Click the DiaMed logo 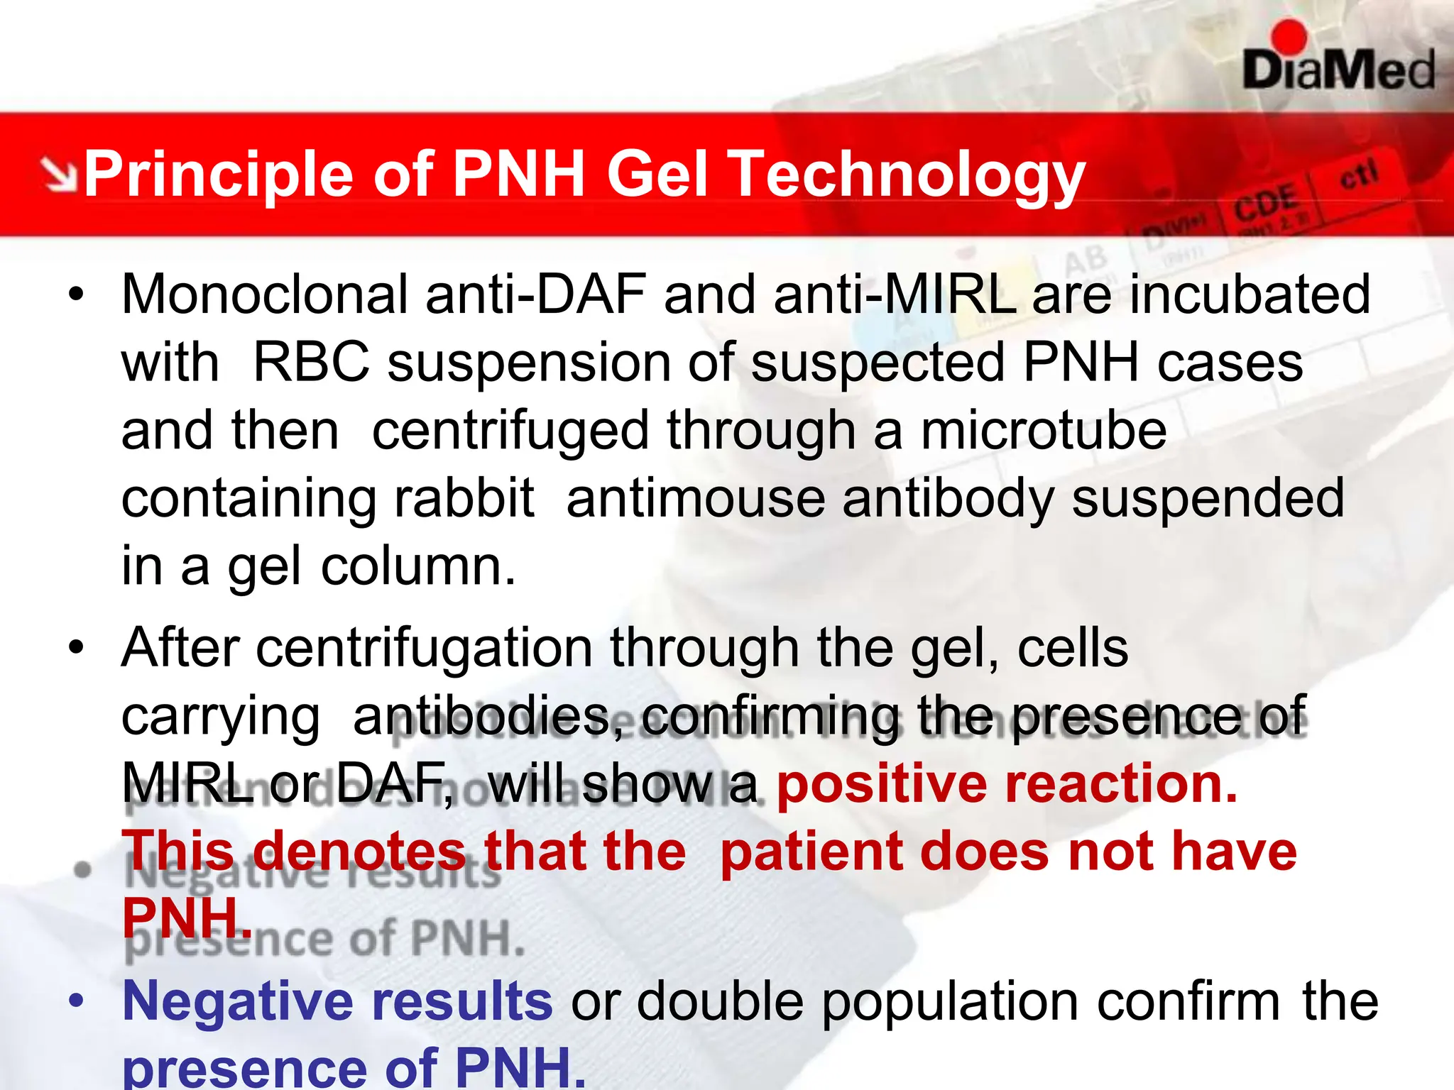(x=1338, y=60)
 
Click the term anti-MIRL (x=895, y=294)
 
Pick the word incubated (x=1250, y=294)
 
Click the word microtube (x=1044, y=431)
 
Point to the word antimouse (x=696, y=498)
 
